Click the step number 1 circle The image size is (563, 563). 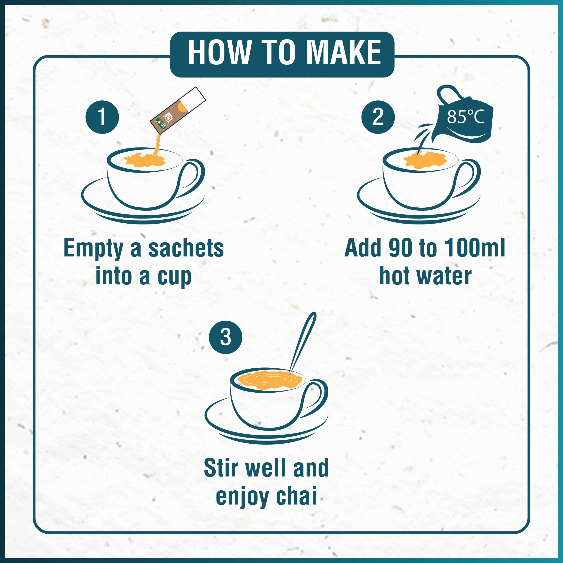(102, 117)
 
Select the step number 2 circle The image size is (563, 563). (378, 117)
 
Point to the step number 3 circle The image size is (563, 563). (226, 337)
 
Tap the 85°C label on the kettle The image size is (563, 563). (465, 117)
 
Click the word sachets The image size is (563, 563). (186, 249)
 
